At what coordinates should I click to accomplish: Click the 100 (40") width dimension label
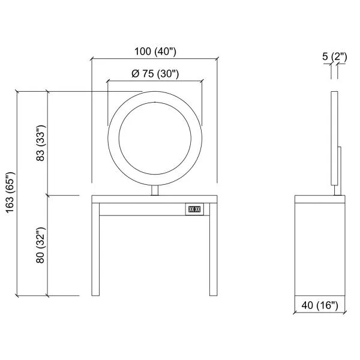(155, 52)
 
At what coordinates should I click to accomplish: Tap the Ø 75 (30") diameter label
(155, 74)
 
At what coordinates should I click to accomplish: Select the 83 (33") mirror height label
(41, 143)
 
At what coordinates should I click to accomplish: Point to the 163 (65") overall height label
(11, 193)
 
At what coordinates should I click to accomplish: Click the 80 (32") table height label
(41, 245)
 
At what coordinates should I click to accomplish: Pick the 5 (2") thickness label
(335, 57)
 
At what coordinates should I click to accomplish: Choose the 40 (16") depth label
(320, 305)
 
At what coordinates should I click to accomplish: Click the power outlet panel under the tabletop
(194, 209)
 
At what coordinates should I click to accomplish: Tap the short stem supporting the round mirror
(155, 190)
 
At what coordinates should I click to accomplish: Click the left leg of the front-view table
(95, 250)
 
